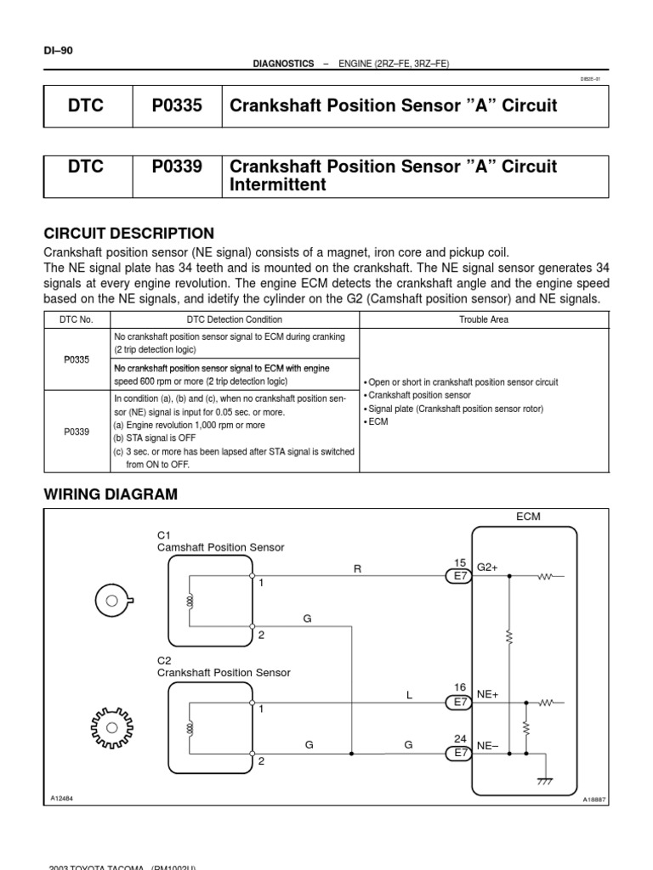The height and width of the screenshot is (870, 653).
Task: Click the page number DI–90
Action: point(59,50)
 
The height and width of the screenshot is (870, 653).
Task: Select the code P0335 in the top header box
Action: point(177,105)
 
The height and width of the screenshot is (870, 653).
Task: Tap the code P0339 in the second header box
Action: point(177,167)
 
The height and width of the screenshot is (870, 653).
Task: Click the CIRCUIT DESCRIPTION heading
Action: point(128,233)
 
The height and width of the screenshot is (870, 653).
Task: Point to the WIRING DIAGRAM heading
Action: point(111,494)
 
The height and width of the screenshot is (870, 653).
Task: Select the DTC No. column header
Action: point(77,319)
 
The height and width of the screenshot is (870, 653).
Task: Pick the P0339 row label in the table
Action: point(77,432)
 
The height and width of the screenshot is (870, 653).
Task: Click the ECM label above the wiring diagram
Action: point(528,517)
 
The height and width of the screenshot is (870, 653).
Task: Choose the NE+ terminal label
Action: point(487,694)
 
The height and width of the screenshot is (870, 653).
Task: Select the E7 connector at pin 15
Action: point(460,576)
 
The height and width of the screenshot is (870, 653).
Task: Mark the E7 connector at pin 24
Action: point(460,753)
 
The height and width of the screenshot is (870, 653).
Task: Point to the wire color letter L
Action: point(409,695)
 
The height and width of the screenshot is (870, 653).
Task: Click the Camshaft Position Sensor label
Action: point(221,547)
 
